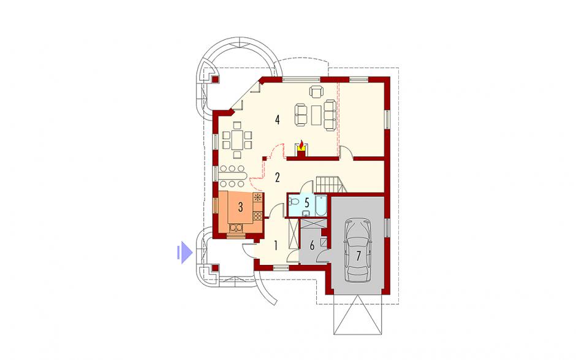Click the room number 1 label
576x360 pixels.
(276, 245)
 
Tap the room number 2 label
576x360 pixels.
(278, 177)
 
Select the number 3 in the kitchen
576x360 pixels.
(240, 207)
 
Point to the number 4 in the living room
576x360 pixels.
(278, 120)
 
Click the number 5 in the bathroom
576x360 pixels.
(307, 202)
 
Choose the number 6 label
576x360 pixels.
(312, 245)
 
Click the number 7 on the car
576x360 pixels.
(358, 255)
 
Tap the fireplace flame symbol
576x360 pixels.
(301, 145)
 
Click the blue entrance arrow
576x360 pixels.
(185, 253)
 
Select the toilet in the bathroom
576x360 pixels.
(294, 202)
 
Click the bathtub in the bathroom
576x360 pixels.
(320, 205)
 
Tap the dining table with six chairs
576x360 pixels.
(237, 140)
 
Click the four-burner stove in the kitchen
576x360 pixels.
(258, 215)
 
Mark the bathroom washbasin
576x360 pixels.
(306, 213)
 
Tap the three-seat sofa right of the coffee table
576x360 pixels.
(330, 115)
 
